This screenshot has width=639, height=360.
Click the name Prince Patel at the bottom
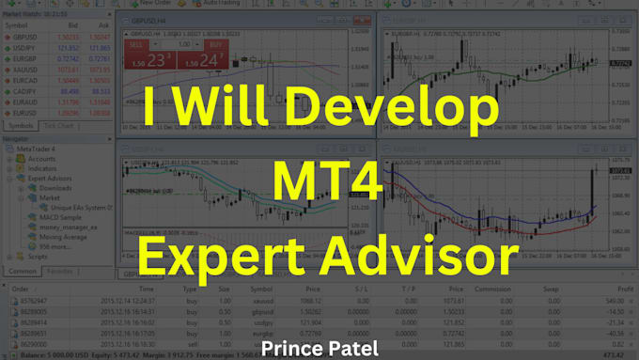pyautogui.click(x=320, y=349)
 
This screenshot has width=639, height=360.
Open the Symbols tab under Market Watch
pyautogui.click(x=21, y=125)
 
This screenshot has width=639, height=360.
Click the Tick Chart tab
pyautogui.click(x=58, y=125)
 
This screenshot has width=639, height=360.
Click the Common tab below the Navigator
pyautogui.click(x=23, y=271)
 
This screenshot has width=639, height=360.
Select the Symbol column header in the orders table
pyautogui.click(x=260, y=290)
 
